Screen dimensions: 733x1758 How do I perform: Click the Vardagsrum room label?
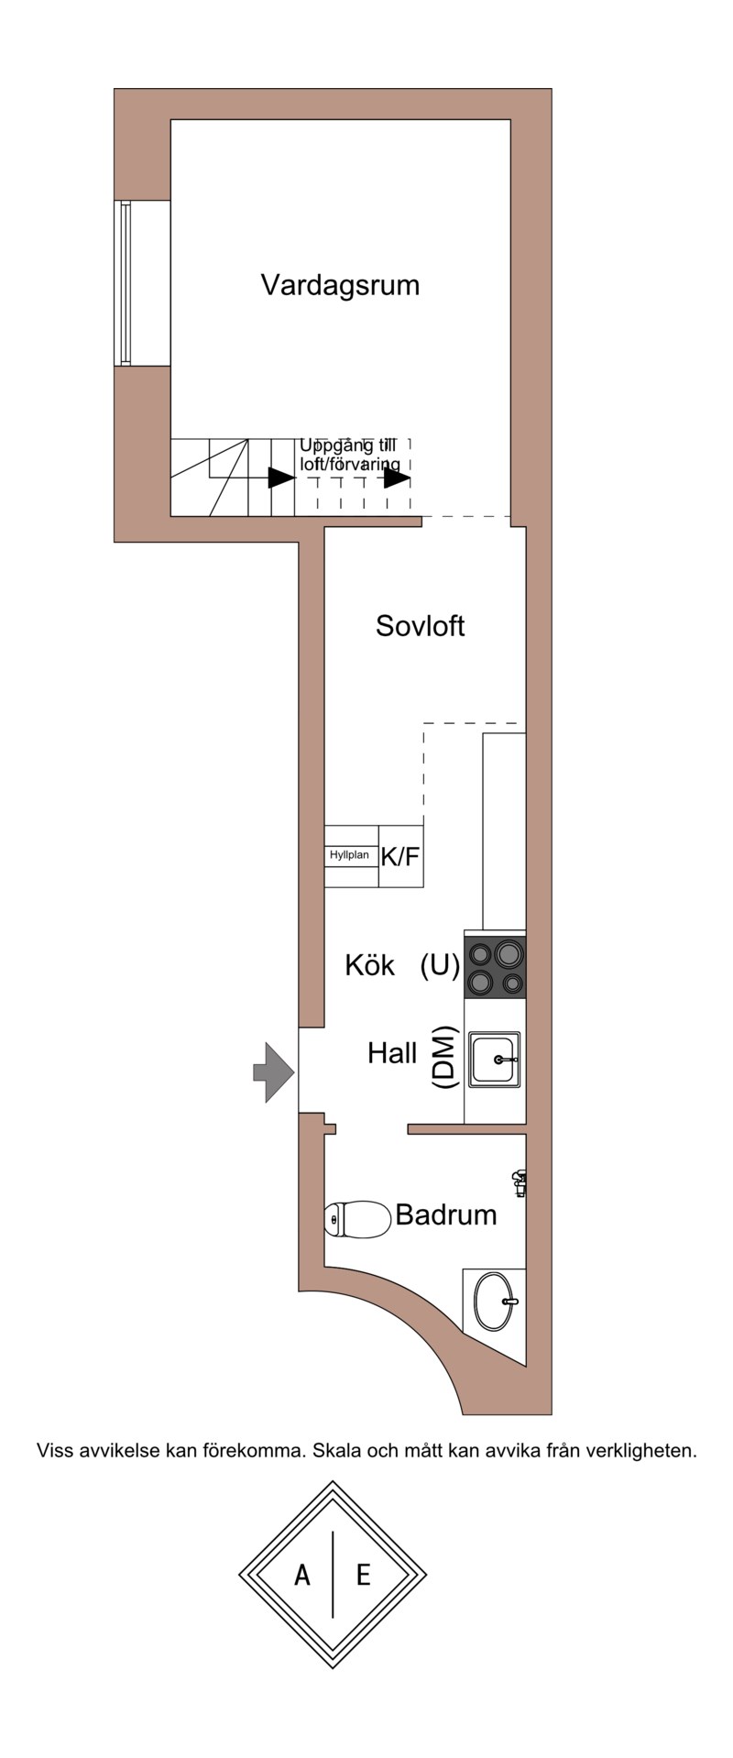click(340, 285)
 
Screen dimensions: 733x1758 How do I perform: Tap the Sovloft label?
click(421, 626)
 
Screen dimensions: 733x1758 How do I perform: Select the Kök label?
click(370, 965)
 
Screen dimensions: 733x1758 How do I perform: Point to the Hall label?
click(392, 1053)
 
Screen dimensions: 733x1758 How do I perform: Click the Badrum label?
click(446, 1215)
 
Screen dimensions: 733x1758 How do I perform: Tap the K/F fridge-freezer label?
click(400, 857)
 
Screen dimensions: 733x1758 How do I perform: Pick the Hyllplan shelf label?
click(349, 855)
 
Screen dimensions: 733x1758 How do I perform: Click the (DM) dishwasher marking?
click(444, 1057)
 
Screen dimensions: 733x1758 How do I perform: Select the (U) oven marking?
click(440, 966)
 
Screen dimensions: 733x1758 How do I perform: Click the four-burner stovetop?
click(496, 968)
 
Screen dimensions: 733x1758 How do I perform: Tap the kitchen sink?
click(496, 1060)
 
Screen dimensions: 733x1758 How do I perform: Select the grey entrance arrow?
click(273, 1071)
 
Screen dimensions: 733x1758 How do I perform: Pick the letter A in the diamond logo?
click(301, 1575)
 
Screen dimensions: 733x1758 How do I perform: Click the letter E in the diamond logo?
click(364, 1575)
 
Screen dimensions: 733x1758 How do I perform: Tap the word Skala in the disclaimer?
click(337, 1451)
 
